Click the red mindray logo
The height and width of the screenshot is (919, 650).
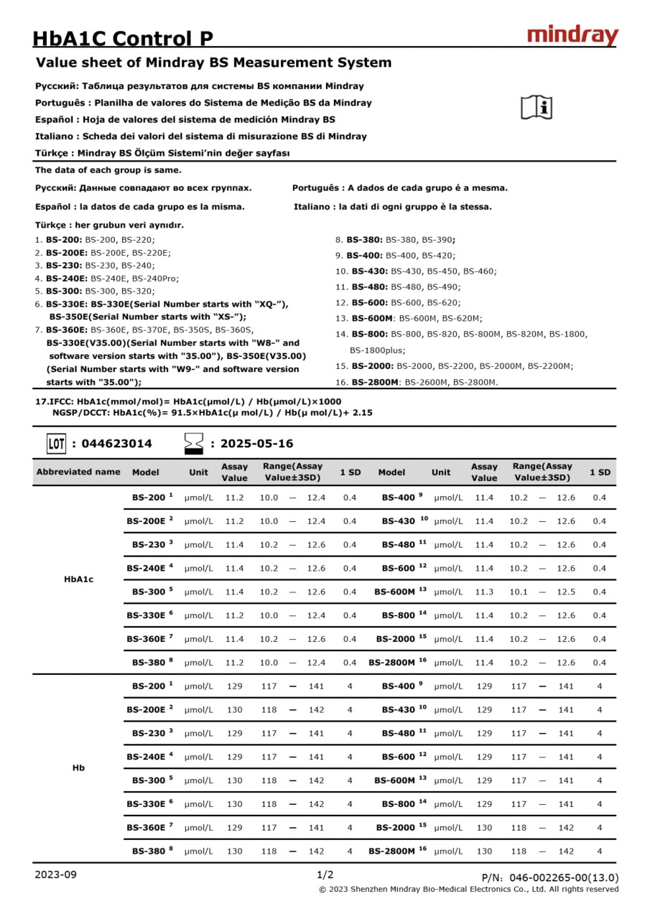point(572,36)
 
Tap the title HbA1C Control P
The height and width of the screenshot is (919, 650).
point(123,39)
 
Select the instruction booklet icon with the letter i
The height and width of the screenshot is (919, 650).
point(536,107)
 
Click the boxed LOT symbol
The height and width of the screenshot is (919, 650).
point(57,443)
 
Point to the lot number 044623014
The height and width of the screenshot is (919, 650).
point(117,444)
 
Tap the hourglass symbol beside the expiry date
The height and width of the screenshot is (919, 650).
point(194,443)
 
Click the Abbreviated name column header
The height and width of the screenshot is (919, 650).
point(78,472)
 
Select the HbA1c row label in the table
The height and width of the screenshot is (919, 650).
point(78,579)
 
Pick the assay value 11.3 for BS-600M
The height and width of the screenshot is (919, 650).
point(484,592)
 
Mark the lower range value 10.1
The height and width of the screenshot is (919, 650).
point(519,592)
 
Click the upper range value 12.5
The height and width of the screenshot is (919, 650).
point(566,592)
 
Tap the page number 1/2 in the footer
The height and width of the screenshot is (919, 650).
point(325,874)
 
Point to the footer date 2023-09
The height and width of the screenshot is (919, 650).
point(56,874)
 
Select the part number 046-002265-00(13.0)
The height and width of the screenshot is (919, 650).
point(564,877)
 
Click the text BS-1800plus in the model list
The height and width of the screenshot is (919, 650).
point(377,350)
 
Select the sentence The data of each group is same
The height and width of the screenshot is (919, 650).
point(108,170)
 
